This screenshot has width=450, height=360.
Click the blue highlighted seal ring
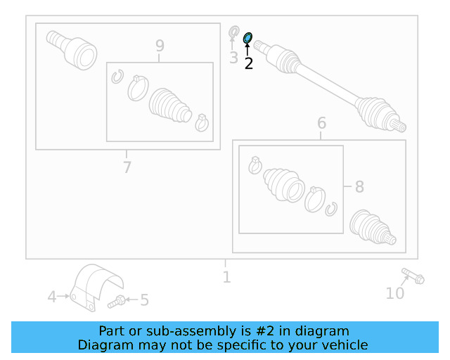247,38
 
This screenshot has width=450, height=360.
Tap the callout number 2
248,63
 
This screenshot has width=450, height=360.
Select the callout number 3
233,58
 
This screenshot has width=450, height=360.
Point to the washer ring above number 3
234,32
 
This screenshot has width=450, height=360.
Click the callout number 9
160,46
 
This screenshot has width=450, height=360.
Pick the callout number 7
127,167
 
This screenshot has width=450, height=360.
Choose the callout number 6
321,123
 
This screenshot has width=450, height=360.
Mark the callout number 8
359,187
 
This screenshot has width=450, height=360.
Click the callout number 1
226,277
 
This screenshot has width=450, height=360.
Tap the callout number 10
395,293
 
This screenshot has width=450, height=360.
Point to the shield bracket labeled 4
96,287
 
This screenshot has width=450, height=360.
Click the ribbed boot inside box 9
169,106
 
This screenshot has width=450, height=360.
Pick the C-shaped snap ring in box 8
332,209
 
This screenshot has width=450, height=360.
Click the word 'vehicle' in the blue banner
344,345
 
